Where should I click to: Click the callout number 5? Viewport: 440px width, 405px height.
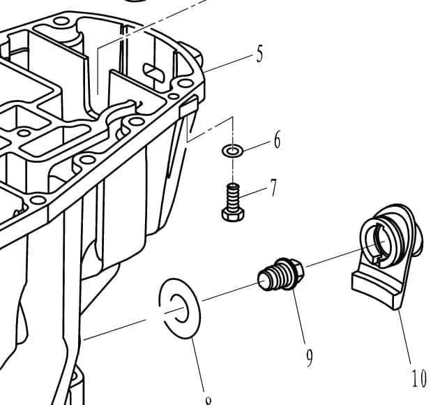coord(259,54)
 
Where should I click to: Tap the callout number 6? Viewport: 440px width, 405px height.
coord(277,140)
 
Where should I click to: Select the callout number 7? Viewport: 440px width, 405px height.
coord(273,188)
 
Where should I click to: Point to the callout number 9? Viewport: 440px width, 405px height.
coord(309,357)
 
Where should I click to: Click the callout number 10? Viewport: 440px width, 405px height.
coord(418,379)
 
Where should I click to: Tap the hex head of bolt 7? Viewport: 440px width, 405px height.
coord(232,213)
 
